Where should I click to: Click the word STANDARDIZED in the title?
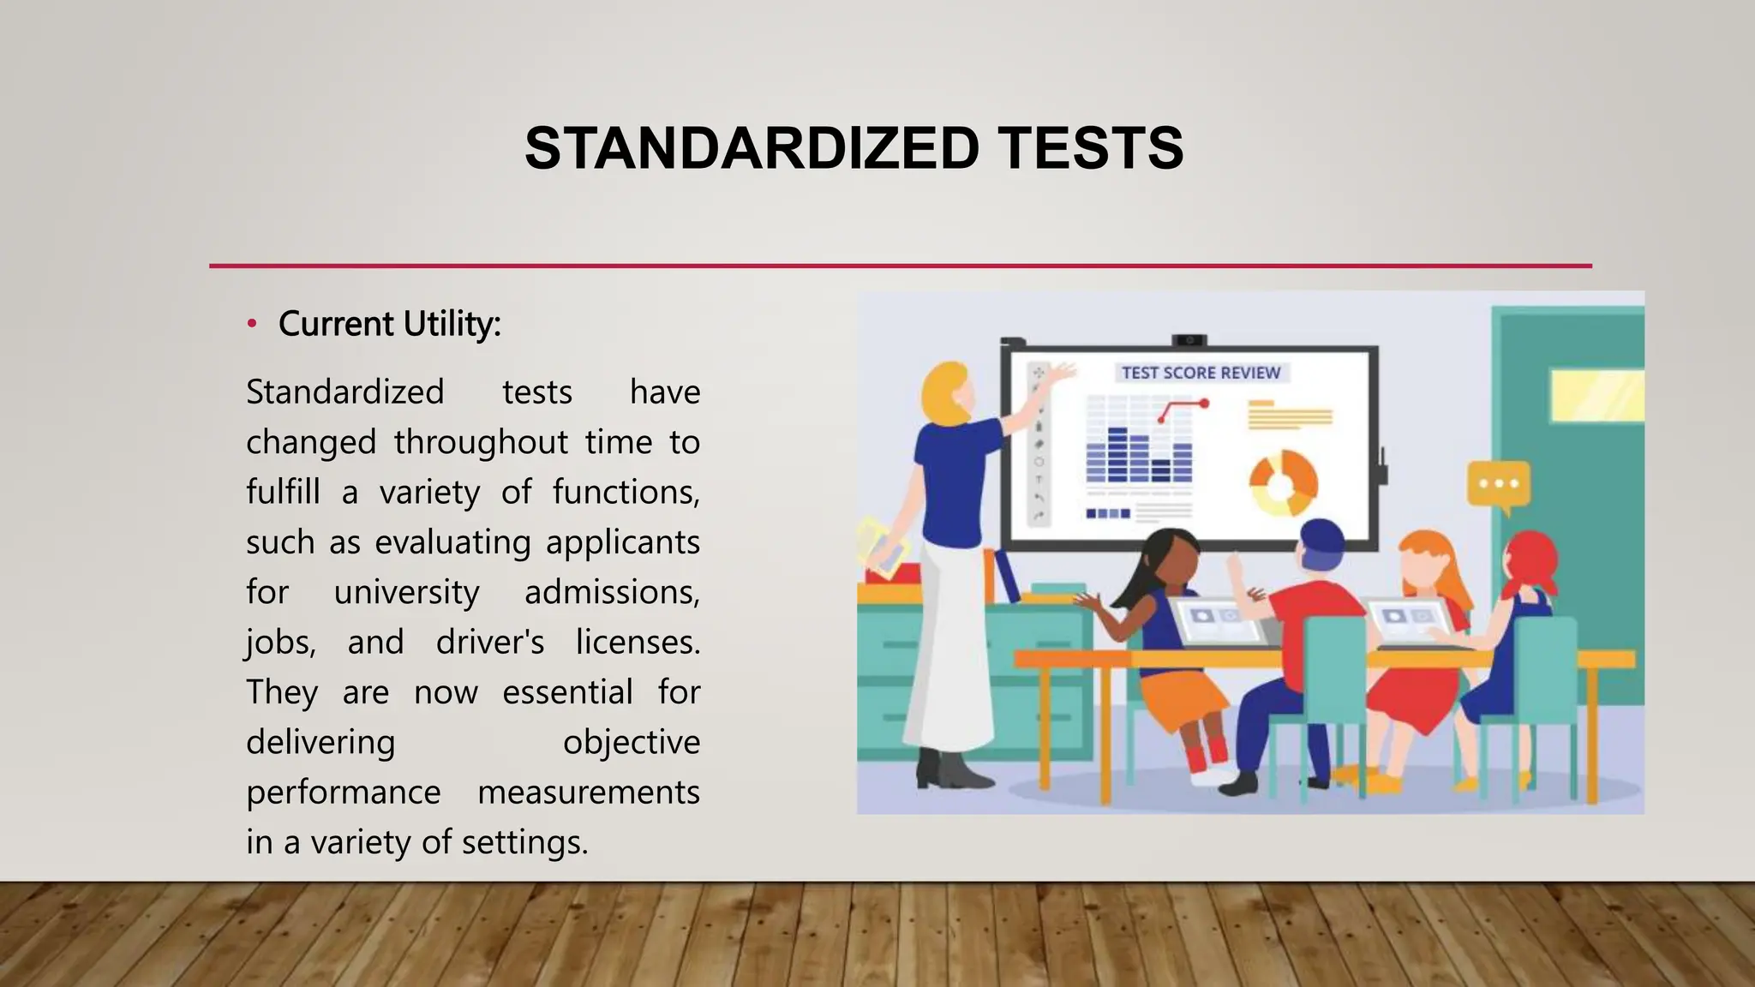coord(752,148)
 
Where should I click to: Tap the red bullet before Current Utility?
coord(252,324)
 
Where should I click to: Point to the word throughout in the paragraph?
coord(481,442)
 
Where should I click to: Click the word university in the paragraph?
coord(406,592)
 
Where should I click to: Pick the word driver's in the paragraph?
coord(489,642)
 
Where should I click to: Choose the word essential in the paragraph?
coord(567,691)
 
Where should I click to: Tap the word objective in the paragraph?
coord(631,741)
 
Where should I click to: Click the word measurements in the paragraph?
coord(588,792)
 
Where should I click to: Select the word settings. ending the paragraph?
coord(524,841)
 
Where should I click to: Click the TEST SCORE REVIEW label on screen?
coord(1201,373)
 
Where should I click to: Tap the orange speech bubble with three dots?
coord(1498,485)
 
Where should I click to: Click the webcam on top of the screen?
coord(1189,340)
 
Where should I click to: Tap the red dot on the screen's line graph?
coord(1204,403)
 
